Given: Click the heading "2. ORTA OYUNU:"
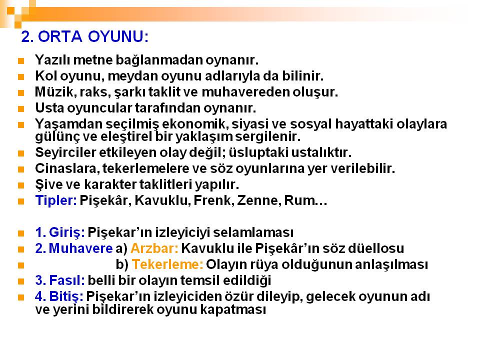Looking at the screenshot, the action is pos(85,36).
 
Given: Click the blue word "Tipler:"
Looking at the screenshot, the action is pos(56,200).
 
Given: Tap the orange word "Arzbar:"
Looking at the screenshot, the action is pos(154,248).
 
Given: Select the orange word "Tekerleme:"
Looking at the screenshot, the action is pos(167,264).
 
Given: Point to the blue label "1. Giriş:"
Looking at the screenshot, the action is pos(60,232).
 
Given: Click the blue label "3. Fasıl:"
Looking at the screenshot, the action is pos(60,280).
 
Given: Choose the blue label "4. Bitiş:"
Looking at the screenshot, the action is pos(59,296).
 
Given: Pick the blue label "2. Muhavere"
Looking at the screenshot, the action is pos(74,248).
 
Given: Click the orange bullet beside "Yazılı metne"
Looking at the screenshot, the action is pos(21,60).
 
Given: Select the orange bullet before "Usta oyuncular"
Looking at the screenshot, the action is pos(21,108).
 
